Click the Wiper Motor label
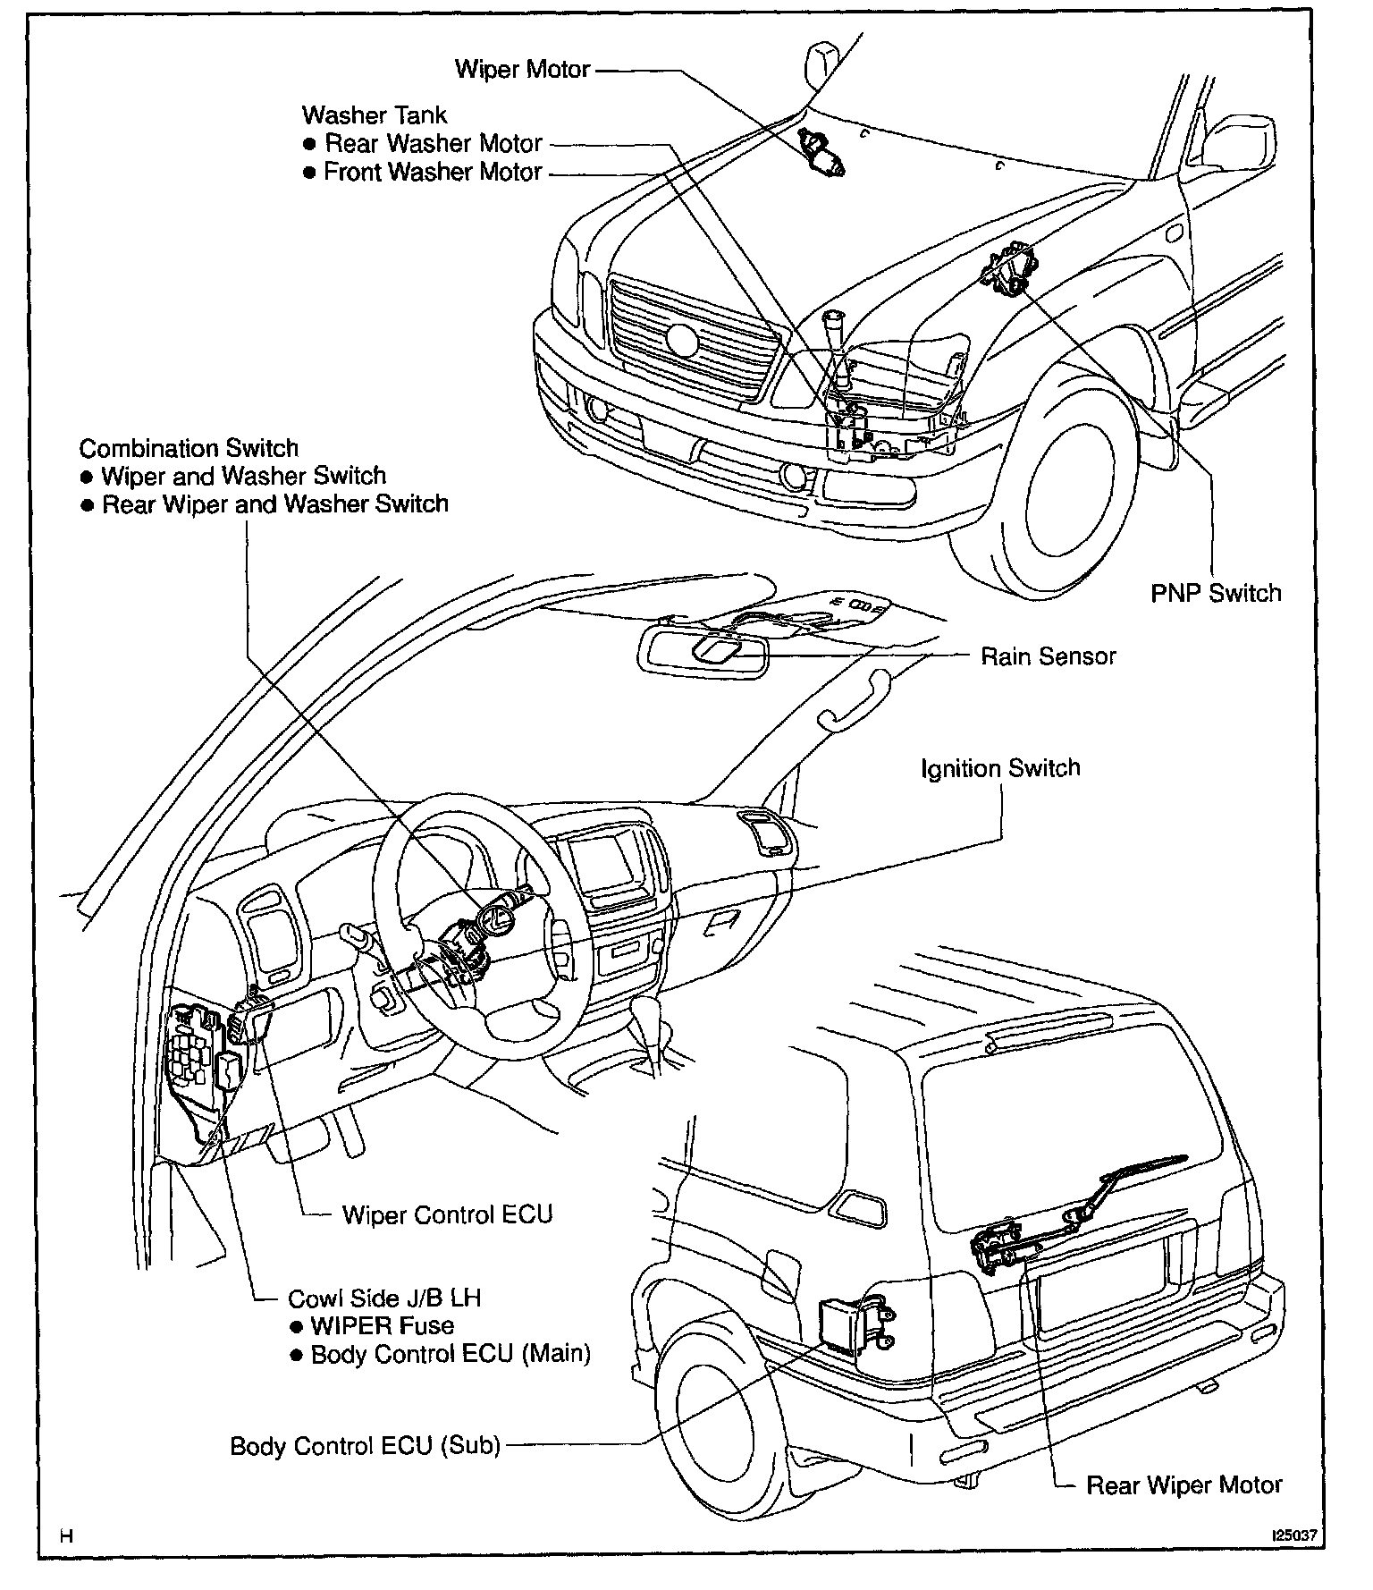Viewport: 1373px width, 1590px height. point(522,70)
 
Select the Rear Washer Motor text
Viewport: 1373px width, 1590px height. point(433,144)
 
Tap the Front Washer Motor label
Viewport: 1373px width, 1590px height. point(433,172)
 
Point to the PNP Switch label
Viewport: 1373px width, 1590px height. point(1216,593)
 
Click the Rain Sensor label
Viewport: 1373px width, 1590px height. point(1049,656)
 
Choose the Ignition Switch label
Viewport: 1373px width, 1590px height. point(1000,768)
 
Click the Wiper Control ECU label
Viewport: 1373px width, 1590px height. point(447,1214)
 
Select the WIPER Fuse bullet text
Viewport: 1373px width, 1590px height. point(382,1325)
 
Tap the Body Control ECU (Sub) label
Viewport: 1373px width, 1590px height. point(365,1446)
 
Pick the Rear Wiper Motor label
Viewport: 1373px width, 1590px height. point(1183,1485)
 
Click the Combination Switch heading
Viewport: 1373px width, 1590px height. point(189,448)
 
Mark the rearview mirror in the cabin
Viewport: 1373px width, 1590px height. point(704,650)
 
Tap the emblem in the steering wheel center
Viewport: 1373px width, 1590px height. point(496,920)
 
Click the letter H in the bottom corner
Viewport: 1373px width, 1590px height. point(65,1536)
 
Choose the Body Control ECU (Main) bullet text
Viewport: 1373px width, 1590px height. point(451,1354)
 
